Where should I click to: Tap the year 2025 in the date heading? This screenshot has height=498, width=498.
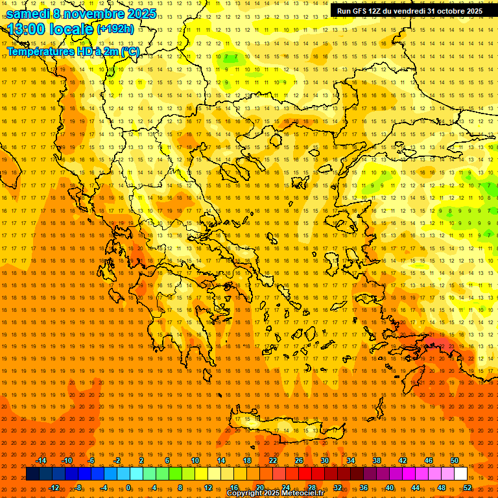pyautogui.click(x=137, y=14)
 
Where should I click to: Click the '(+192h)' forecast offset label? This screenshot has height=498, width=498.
pyautogui.click(x=115, y=29)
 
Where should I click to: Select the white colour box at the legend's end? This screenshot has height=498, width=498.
pyautogui.click(x=460, y=474)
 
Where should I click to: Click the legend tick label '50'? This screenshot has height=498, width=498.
pyautogui.click(x=455, y=460)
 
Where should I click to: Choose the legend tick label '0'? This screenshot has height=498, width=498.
pyautogui.click(x=129, y=488)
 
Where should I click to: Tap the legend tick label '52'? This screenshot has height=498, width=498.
pyautogui.click(x=468, y=488)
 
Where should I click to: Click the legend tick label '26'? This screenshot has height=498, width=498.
pyautogui.click(x=299, y=460)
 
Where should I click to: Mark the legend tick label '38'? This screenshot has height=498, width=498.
pyautogui.click(x=377, y=460)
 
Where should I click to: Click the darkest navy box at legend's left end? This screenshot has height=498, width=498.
pyautogui.click(x=32, y=474)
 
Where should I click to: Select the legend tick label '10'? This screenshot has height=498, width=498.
pyautogui.click(x=195, y=460)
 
